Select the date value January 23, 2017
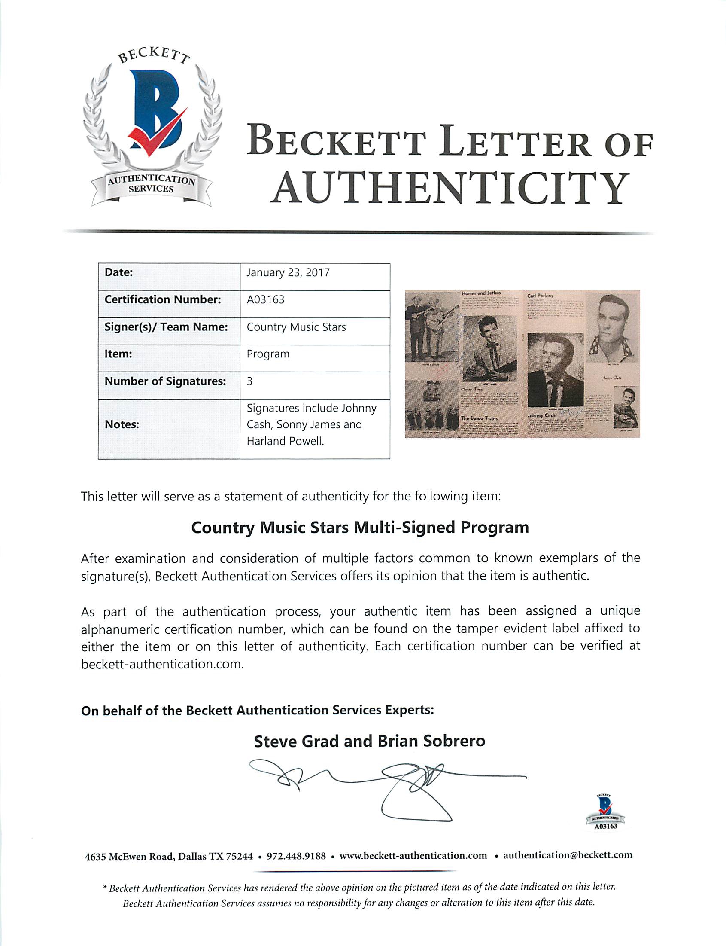click(x=288, y=273)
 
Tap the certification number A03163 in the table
click(x=265, y=299)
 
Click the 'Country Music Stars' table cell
click(x=296, y=327)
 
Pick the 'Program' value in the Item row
click(x=268, y=354)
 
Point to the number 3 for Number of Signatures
click(x=250, y=381)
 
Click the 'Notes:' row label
click(x=122, y=424)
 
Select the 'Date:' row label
click(x=118, y=273)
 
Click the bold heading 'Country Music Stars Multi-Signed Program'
click(x=360, y=528)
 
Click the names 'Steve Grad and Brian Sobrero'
click(x=370, y=741)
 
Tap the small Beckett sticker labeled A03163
click(x=605, y=812)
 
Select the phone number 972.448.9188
click(x=296, y=856)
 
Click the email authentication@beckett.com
click(x=568, y=855)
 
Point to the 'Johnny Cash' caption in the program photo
click(x=541, y=415)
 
